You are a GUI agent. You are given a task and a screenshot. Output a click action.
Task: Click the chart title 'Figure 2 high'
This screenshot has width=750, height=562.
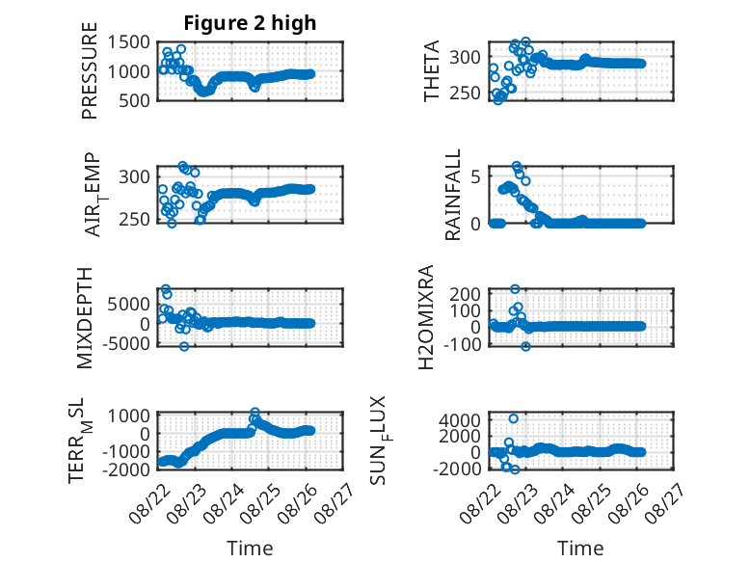pos(250,22)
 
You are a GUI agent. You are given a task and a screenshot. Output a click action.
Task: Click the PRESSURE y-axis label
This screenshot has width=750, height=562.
pos(90,70)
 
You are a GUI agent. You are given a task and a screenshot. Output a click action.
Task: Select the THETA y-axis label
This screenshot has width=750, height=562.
pos(432,70)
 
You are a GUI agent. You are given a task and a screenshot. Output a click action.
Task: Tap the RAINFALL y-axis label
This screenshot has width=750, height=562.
pos(452,195)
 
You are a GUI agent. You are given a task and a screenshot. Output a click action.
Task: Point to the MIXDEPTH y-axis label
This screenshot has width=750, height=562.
pos(84,318)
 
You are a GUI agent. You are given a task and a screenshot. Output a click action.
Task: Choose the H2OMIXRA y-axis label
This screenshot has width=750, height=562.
pos(426,317)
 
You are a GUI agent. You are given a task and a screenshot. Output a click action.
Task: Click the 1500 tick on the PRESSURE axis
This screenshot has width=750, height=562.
pos(128,42)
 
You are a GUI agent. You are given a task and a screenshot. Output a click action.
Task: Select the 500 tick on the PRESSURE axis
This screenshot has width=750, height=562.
pos(134,100)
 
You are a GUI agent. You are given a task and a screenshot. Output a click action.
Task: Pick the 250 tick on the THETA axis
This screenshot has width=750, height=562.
pos(465,94)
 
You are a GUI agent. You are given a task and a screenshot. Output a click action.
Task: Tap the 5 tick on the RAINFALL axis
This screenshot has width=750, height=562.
pos(475,177)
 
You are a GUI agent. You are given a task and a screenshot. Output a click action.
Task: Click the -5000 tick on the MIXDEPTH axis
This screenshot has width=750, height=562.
pos(125,343)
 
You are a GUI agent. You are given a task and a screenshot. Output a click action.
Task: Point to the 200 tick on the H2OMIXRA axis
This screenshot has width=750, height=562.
pos(465,294)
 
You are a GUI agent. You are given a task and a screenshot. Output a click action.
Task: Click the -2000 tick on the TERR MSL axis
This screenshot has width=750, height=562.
pos(125,469)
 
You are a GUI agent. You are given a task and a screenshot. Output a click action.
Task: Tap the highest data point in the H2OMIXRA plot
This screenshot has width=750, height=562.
pos(515,289)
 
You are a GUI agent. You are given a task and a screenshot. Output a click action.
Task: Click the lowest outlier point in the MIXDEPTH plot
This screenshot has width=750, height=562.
pos(184,346)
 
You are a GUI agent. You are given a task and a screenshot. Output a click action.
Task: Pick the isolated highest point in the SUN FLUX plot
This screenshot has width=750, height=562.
pos(513,418)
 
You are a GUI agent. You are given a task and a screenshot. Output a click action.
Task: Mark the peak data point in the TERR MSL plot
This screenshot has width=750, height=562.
pos(254,412)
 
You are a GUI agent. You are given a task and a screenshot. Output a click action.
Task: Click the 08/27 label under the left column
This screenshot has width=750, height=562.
pos(335,502)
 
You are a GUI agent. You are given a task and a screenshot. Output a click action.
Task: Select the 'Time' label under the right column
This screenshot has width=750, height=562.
pos(580,548)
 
